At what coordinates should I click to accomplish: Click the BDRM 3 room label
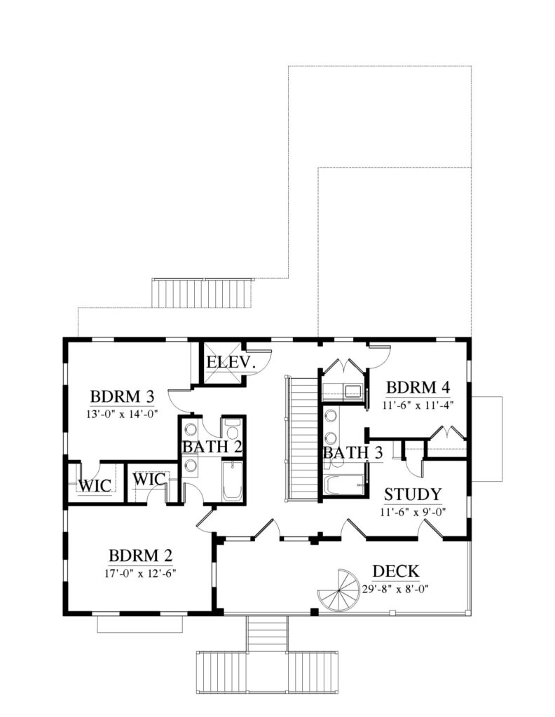tap(122, 396)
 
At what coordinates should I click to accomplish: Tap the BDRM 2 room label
tap(140, 555)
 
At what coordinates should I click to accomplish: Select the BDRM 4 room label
tap(418, 387)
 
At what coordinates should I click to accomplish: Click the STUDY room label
tap(413, 494)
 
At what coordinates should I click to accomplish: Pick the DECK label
tap(396, 571)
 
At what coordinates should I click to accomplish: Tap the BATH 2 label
tap(212, 447)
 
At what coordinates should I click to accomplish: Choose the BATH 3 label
tap(352, 453)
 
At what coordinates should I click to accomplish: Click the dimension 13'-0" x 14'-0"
tap(122, 415)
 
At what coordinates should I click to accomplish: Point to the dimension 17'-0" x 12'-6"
tap(140, 573)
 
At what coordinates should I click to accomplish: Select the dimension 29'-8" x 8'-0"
tap(395, 589)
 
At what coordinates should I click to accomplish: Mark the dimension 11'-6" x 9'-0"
tap(413, 512)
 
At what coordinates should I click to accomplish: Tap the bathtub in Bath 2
tap(233, 480)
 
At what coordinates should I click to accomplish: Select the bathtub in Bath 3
tap(344, 485)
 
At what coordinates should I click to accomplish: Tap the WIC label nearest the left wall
tap(95, 485)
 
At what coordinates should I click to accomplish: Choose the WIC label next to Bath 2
tap(149, 479)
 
